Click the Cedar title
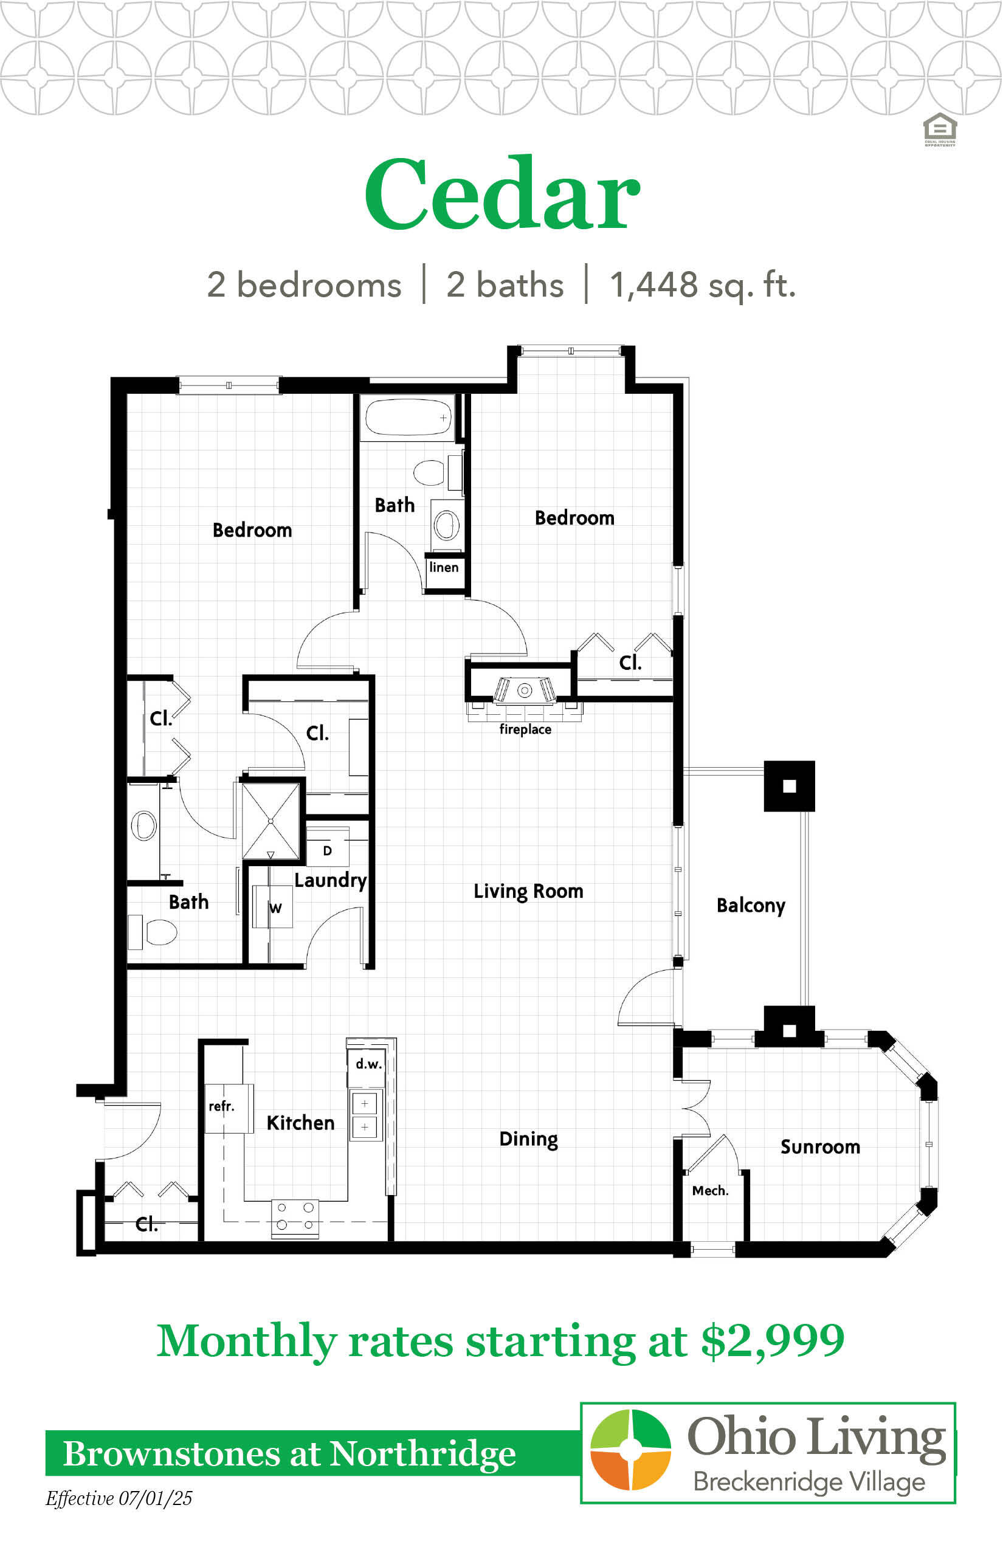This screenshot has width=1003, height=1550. [502, 194]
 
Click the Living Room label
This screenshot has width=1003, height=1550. [528, 891]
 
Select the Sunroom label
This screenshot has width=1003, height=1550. [820, 1146]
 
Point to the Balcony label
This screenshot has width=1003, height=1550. [750, 906]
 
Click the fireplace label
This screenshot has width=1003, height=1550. [525, 729]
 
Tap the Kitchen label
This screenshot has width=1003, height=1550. [300, 1122]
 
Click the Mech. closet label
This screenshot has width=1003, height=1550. [710, 1191]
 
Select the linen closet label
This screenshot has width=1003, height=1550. [444, 567]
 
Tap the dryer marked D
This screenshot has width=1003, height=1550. [328, 847]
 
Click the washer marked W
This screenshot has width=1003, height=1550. [274, 906]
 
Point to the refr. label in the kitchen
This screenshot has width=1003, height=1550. [221, 1106]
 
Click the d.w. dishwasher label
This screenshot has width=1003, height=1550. [368, 1064]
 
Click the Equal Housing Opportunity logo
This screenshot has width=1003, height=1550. [940, 129]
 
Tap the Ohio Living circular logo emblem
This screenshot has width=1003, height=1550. [630, 1450]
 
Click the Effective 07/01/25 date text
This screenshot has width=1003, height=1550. [119, 1499]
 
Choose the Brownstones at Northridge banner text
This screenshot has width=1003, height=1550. [289, 1454]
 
